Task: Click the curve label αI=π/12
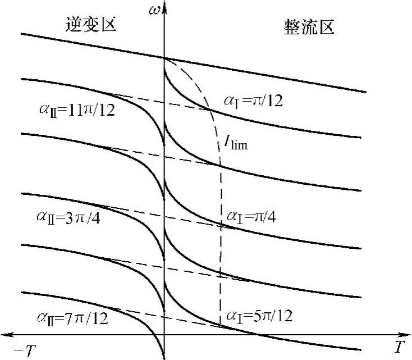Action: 254,101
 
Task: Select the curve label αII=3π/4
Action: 69,217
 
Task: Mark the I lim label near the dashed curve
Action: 236,144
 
